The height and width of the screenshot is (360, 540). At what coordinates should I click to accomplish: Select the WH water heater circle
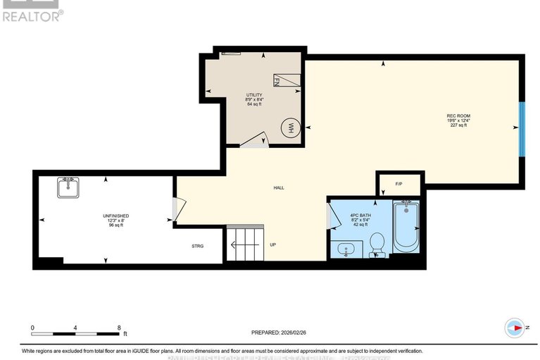click(x=289, y=128)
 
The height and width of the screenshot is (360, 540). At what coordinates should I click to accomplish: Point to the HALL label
click(x=279, y=187)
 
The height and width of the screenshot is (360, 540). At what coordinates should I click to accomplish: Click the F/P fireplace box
click(x=398, y=184)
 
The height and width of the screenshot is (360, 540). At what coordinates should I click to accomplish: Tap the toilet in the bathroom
click(x=377, y=244)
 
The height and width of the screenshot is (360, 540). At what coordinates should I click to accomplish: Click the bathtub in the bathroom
click(x=406, y=226)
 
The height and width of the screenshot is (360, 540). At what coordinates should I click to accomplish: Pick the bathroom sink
click(x=346, y=249)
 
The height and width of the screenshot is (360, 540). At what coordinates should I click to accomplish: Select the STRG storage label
click(x=198, y=246)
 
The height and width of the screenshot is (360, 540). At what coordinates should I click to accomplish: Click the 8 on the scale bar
click(x=119, y=328)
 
